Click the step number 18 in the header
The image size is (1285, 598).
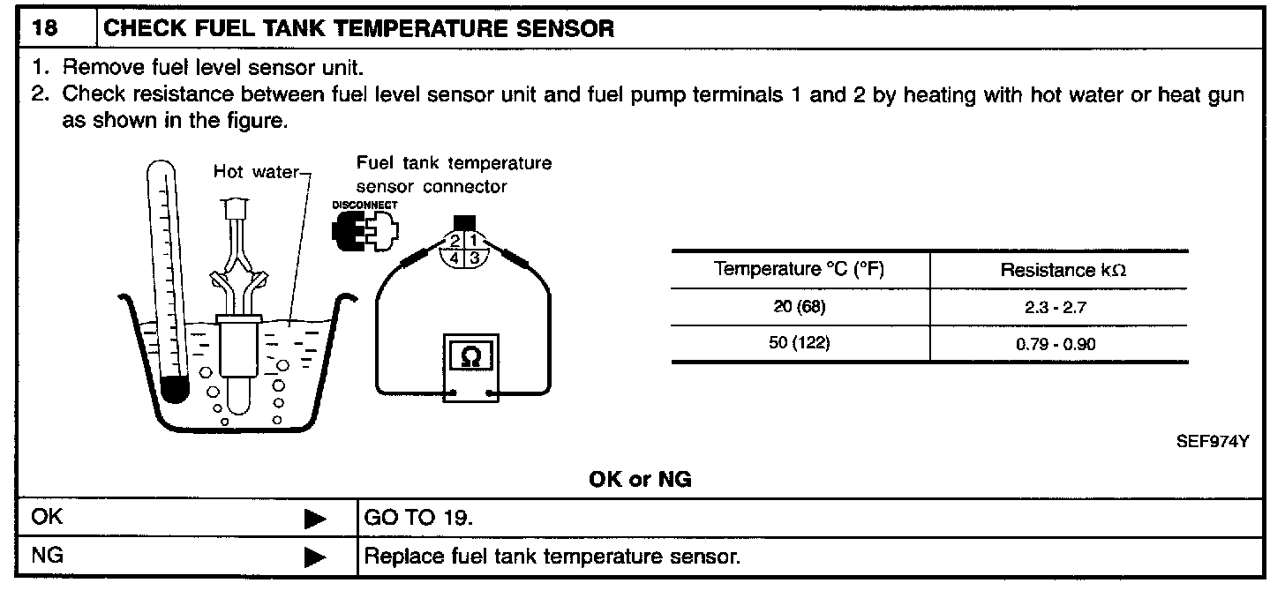(45, 28)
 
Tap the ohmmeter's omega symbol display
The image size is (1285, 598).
(471, 356)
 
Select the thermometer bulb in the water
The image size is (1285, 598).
(176, 389)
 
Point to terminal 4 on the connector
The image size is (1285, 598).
(455, 258)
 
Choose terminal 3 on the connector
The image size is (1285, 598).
(475, 258)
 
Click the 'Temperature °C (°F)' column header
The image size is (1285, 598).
(799, 270)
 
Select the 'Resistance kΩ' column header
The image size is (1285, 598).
(1063, 271)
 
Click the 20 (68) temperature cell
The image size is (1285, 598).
(799, 307)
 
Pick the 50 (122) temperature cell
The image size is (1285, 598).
(799, 343)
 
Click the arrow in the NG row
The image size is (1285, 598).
(315, 557)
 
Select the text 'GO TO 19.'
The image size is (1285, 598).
(418, 518)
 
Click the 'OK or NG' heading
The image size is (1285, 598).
(640, 480)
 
